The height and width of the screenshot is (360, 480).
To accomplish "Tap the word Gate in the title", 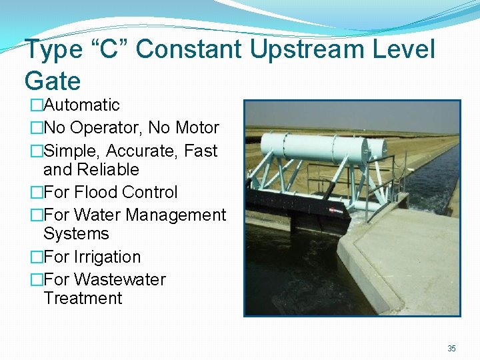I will pyautogui.click(x=52, y=81).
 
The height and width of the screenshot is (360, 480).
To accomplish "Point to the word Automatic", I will pyautogui.click(x=81, y=105).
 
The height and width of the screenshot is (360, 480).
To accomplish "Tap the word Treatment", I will pyautogui.click(x=83, y=298).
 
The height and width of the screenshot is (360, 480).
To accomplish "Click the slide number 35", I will pyautogui.click(x=451, y=349).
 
